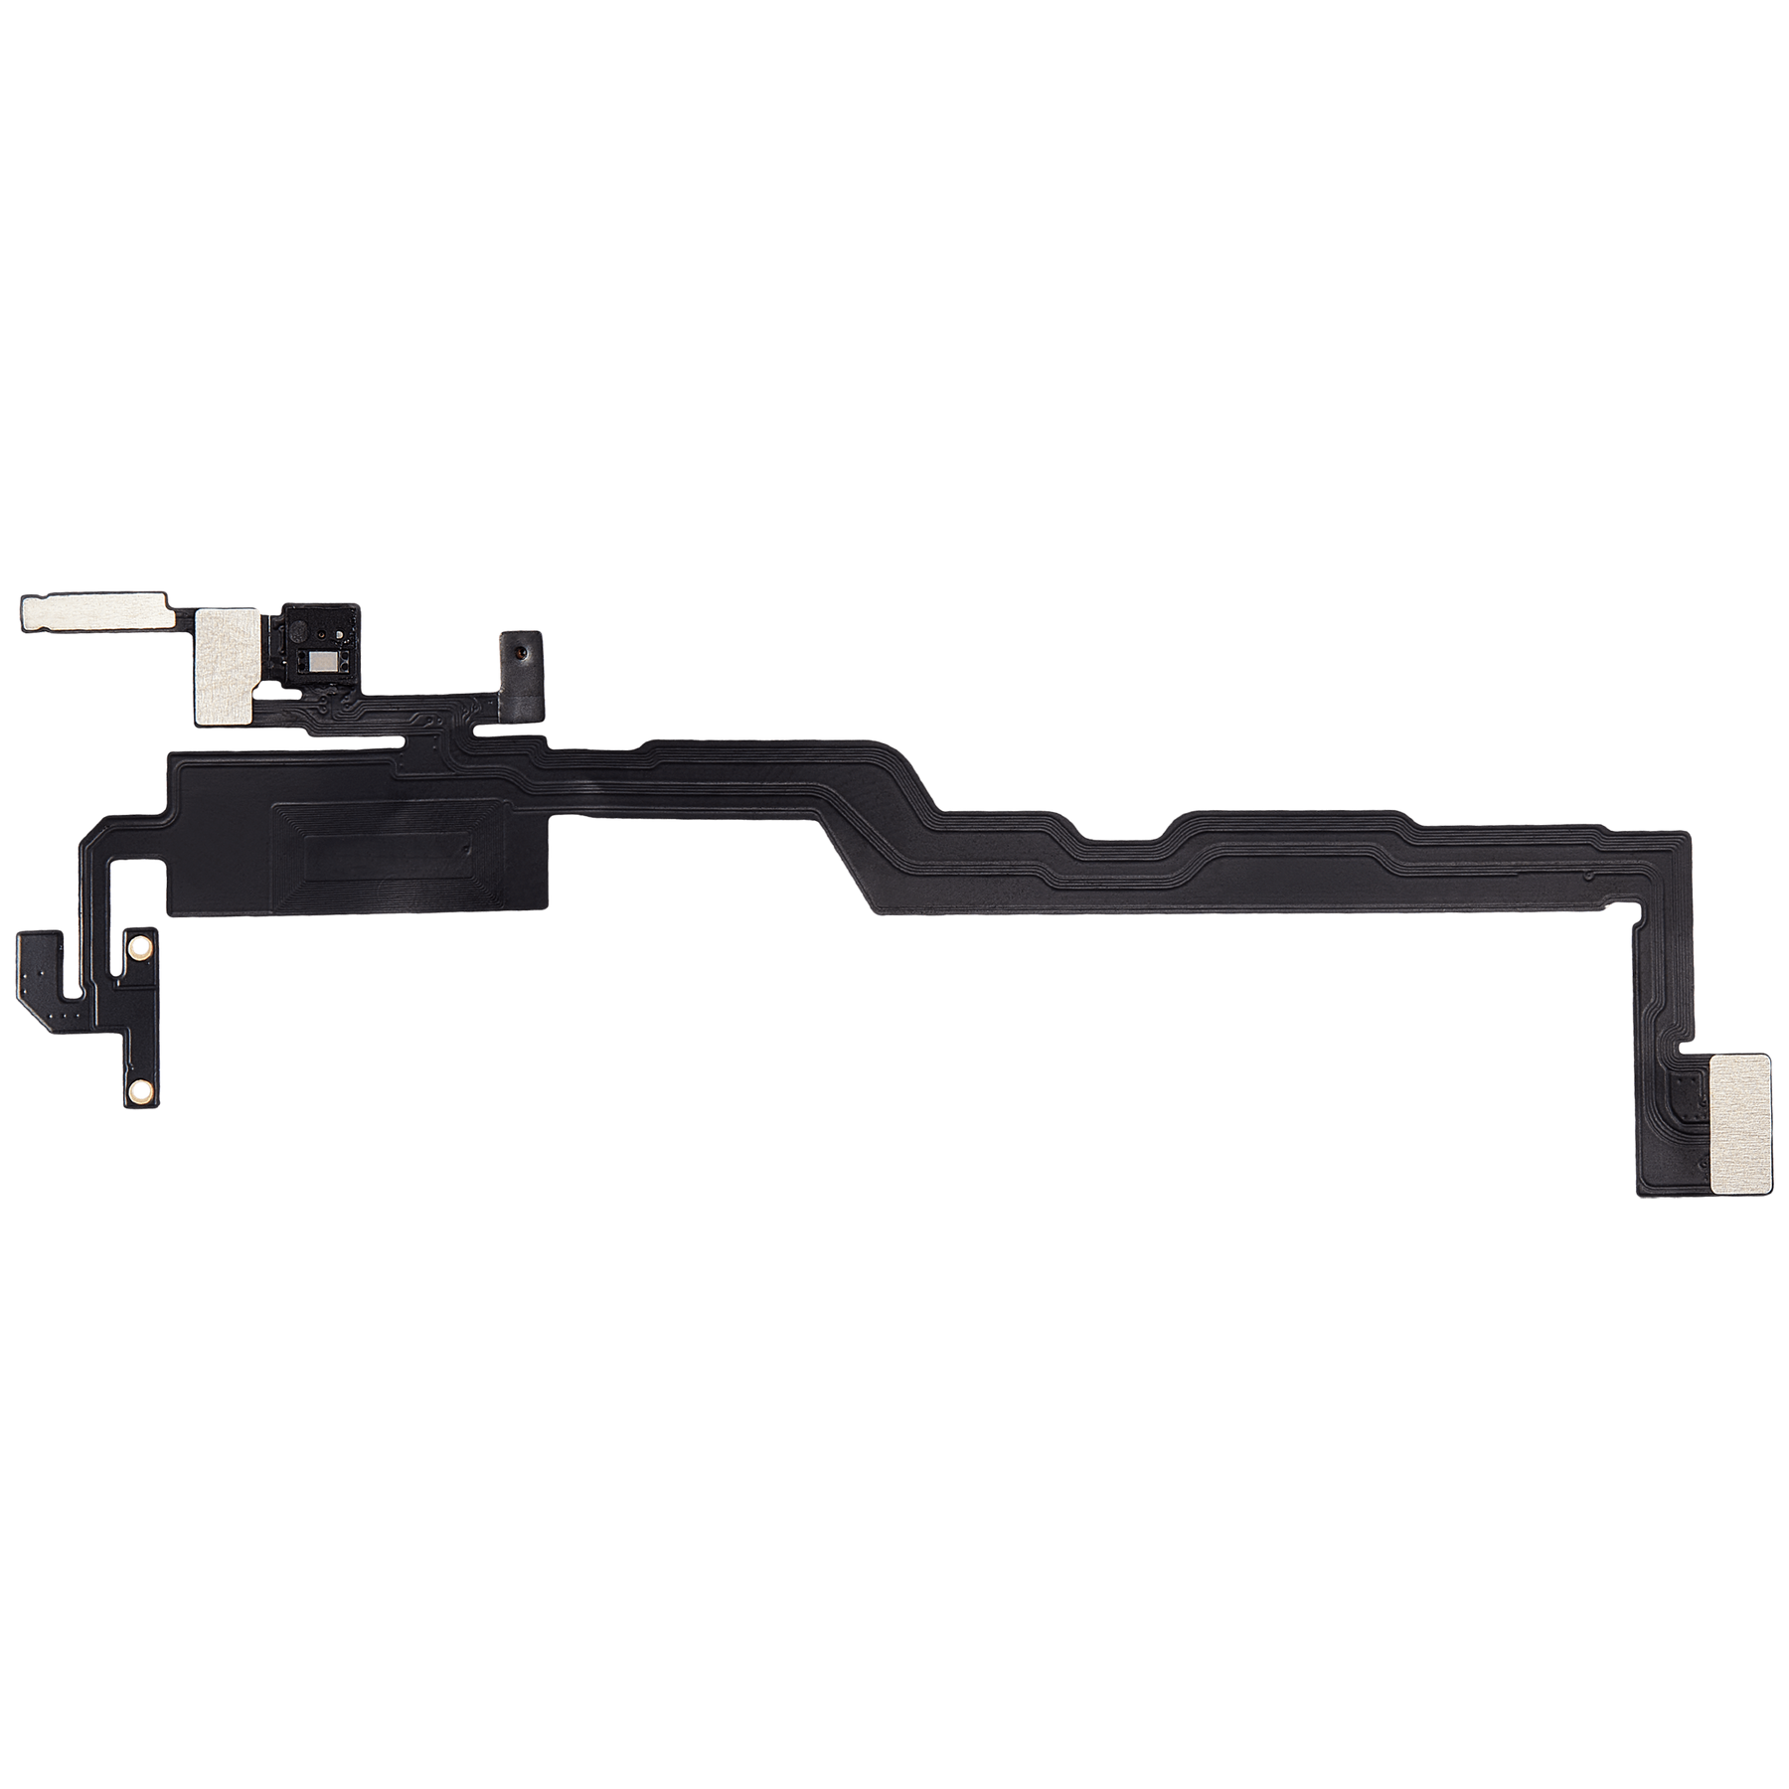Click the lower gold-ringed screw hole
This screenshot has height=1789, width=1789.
(139, 1091)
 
